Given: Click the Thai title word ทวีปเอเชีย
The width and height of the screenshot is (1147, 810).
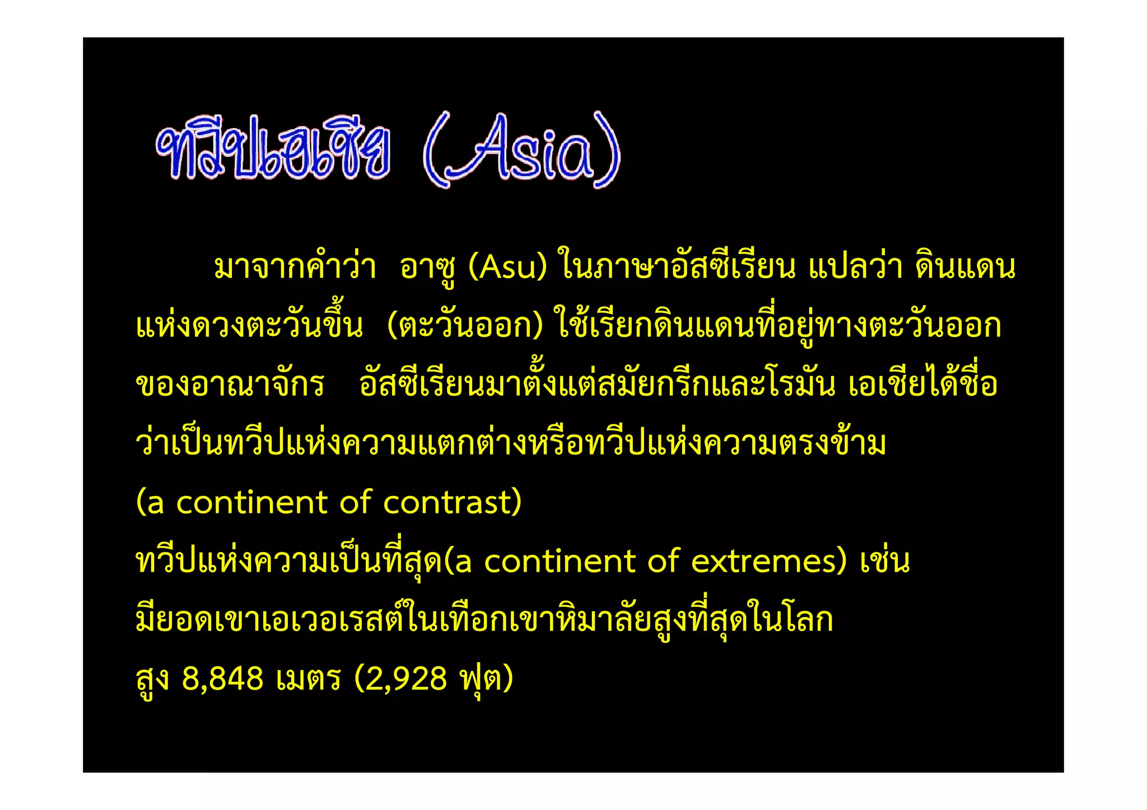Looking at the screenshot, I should pos(273,148).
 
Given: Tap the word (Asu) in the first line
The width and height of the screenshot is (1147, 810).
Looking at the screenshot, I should pos(507,267).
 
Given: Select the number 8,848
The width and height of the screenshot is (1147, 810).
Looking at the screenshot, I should pos(222,678).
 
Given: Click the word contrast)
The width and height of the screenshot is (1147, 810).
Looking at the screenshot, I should pos(453,502).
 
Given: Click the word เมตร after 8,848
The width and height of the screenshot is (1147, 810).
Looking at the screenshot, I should pos(309,678).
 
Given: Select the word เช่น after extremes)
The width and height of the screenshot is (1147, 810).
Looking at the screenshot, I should pos(885,561).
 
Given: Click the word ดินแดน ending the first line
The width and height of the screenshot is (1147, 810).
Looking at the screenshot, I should pos(965,267).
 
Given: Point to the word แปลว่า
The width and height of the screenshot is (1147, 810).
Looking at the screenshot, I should pos(855,267).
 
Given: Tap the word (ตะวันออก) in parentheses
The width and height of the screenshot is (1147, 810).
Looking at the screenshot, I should pos(465,326).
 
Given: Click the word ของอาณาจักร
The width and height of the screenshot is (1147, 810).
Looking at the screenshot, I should pos(230,385).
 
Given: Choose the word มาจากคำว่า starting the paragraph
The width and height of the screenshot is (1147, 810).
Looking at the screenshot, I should pos(295,267).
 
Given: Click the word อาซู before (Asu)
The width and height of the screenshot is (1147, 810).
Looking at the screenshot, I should pos(428,267).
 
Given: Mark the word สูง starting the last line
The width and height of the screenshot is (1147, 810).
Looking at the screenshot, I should pos(152,678).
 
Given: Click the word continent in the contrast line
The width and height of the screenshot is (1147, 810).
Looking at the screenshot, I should pos(251,502).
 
